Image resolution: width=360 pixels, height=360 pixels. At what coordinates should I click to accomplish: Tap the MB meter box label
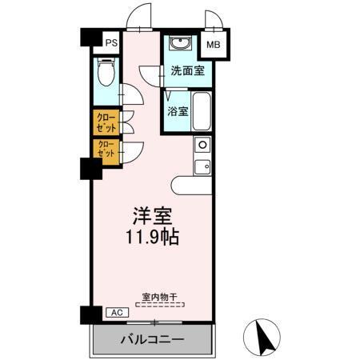[x=214, y=46]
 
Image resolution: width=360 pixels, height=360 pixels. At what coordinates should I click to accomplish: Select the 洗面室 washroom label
[x=186, y=70]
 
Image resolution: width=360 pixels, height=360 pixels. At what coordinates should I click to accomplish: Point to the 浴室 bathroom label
[x=178, y=111]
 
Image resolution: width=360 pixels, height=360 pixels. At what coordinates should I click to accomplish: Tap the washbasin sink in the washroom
[x=179, y=43]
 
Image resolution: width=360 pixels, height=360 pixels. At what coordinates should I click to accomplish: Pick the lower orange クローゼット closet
[x=106, y=149]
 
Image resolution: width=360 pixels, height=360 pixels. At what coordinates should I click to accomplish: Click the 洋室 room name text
[x=152, y=216]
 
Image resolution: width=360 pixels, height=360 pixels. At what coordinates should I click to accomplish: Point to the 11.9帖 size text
[x=152, y=238]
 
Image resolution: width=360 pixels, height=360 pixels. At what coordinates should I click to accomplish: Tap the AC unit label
[x=114, y=313]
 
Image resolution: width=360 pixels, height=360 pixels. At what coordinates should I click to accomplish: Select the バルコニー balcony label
[x=153, y=339]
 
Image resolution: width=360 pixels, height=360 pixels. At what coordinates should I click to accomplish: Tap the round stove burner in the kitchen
[x=202, y=145]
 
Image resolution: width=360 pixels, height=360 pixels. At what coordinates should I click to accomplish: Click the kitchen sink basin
[x=202, y=166]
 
